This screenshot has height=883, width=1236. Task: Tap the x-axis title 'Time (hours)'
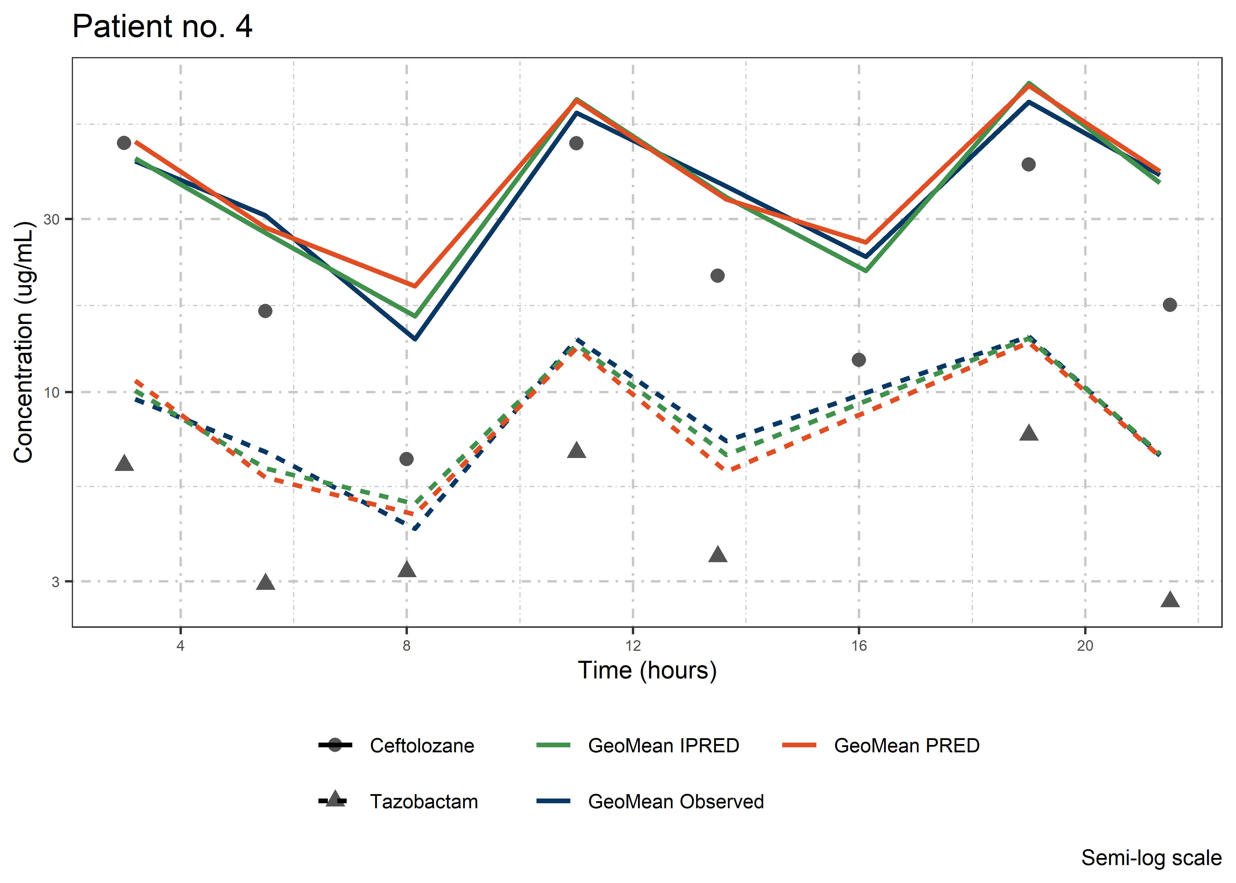coord(647,670)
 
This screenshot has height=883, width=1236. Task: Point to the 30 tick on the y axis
coord(51,219)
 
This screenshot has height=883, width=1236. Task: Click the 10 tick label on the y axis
coord(51,392)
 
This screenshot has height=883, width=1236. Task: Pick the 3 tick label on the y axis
coord(55,582)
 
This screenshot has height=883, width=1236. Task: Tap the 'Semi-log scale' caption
coord(1151,858)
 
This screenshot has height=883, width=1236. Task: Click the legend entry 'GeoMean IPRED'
coord(663,746)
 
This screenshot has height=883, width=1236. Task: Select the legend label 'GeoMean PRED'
coord(907,746)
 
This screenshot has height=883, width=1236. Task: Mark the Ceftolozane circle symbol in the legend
coord(335,745)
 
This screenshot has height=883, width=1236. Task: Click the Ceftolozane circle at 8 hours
coord(407,459)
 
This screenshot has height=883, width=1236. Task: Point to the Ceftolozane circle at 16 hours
coord(859,360)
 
